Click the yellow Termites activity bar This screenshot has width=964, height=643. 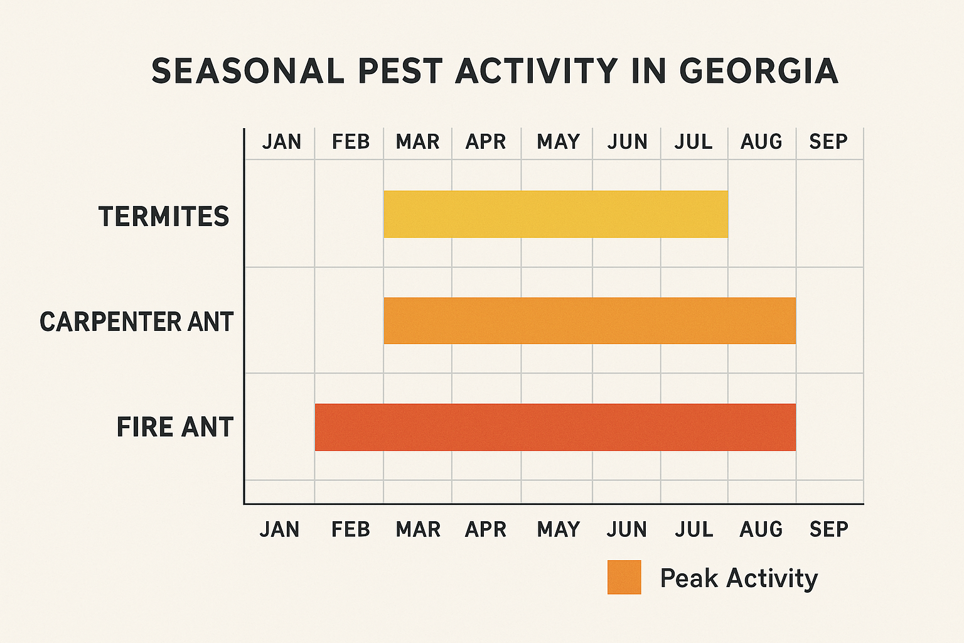click(x=555, y=214)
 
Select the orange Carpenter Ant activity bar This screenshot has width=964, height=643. click(x=589, y=320)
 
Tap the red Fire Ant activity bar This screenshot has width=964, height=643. click(x=555, y=427)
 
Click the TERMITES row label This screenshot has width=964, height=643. click(x=164, y=217)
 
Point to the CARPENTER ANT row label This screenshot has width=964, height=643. click(x=136, y=322)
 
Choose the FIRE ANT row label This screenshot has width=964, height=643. click(x=175, y=428)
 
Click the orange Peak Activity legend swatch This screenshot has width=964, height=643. click(x=624, y=577)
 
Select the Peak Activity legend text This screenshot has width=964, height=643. click(x=739, y=578)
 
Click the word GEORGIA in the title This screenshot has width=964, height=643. click(x=759, y=71)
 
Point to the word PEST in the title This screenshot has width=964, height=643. click(x=400, y=71)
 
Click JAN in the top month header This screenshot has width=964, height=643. click(x=281, y=142)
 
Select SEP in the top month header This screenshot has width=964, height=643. click(x=828, y=142)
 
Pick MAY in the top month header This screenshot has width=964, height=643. click(x=558, y=142)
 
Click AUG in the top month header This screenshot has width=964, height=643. click(x=761, y=142)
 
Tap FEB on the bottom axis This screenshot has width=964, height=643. click(x=350, y=530)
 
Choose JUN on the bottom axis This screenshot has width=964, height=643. click(x=626, y=530)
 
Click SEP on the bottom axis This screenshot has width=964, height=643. click(x=828, y=530)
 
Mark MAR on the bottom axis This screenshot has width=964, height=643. click(x=418, y=530)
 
